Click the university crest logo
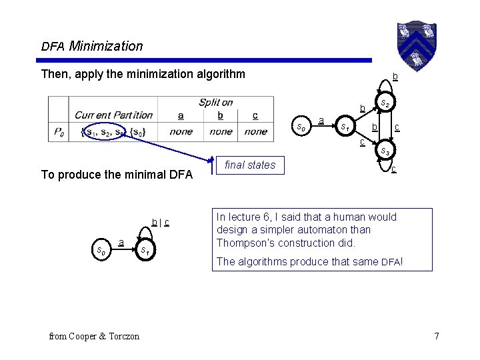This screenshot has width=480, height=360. click(417, 41)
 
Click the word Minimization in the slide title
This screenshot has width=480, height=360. click(105, 46)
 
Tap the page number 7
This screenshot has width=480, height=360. click(436, 336)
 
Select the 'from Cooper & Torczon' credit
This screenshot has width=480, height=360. click(94, 336)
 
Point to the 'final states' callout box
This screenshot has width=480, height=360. click(250, 165)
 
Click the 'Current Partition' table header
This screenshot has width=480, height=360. click(113, 115)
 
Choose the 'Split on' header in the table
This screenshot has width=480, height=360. click(215, 102)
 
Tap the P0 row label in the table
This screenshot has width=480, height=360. click(60, 131)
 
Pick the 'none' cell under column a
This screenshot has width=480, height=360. click(181, 131)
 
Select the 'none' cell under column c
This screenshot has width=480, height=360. click(255, 131)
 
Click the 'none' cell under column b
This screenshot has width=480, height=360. click(221, 131)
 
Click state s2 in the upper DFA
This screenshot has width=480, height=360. click(385, 103)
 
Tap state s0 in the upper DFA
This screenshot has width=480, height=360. click(301, 125)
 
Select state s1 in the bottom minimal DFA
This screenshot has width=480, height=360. click(144, 250)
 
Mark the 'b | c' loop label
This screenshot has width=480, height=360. click(159, 222)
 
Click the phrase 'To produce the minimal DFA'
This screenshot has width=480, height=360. click(117, 175)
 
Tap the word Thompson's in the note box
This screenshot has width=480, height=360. click(245, 243)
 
